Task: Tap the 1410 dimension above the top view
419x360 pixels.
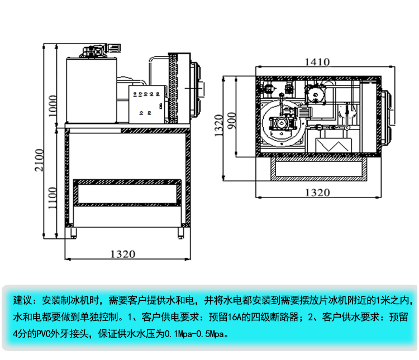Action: point(317,61)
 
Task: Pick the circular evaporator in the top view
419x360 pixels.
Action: point(283,124)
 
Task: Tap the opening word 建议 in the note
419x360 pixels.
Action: point(23,299)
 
